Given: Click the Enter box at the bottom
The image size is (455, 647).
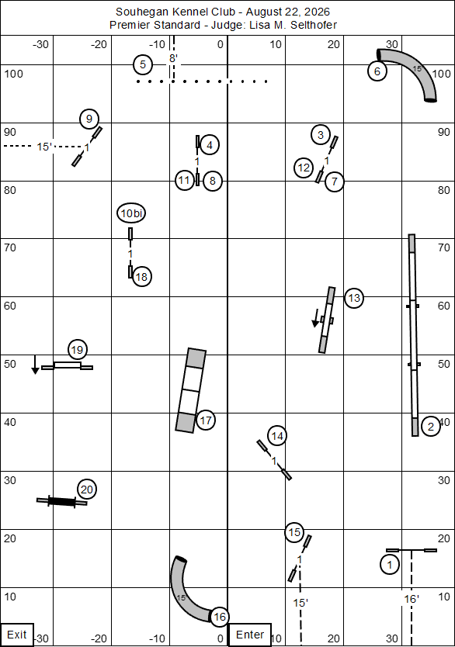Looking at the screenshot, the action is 250,635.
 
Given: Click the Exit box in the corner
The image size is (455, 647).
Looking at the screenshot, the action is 17,635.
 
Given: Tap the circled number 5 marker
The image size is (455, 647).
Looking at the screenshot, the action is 143,65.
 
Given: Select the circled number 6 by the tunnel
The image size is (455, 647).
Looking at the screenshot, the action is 377,71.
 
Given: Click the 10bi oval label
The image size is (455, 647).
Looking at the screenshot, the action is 131,213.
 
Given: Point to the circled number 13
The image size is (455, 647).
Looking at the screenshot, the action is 354,298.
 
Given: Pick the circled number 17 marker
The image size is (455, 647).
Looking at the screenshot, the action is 206,420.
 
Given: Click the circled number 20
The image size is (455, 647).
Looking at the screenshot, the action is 87,490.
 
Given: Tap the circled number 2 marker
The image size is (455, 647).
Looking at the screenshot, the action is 431,426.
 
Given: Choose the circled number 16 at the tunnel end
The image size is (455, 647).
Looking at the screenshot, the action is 220,617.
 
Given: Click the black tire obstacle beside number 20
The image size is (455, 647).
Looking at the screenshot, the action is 62,501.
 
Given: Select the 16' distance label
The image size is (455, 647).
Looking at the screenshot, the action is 412,599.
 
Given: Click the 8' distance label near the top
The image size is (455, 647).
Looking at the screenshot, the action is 173,58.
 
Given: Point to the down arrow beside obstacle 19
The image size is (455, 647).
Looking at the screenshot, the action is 35,365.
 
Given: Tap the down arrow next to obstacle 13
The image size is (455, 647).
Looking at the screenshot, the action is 315,318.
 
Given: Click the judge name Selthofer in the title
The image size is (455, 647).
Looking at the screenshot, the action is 314,25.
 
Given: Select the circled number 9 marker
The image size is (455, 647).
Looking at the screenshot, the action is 89,119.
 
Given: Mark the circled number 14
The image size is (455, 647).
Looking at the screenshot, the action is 277,436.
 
